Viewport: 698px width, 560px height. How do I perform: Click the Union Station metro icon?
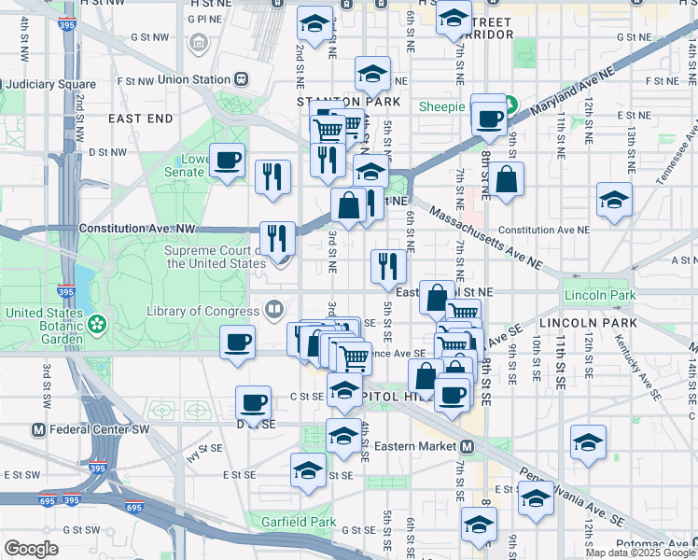[x=241, y=80]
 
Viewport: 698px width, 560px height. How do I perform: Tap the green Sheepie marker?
[x=510, y=105]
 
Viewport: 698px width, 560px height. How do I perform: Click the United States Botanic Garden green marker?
[x=95, y=324]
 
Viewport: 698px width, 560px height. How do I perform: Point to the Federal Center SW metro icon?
[x=38, y=430]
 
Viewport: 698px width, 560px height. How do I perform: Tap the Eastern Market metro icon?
[x=467, y=446]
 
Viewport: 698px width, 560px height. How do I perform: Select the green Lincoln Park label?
[x=599, y=295]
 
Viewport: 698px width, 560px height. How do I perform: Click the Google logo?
[x=31, y=548]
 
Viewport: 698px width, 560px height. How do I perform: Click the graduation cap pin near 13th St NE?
[x=614, y=200]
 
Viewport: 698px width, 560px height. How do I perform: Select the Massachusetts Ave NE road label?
[x=486, y=240]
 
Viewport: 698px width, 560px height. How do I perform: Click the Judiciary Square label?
[x=38, y=85]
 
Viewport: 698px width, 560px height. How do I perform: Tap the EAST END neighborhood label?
[x=141, y=119]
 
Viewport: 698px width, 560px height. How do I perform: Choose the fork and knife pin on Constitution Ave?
[x=277, y=238]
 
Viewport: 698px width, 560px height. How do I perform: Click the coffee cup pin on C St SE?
[x=253, y=403]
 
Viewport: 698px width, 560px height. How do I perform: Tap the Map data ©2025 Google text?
[x=639, y=552]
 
